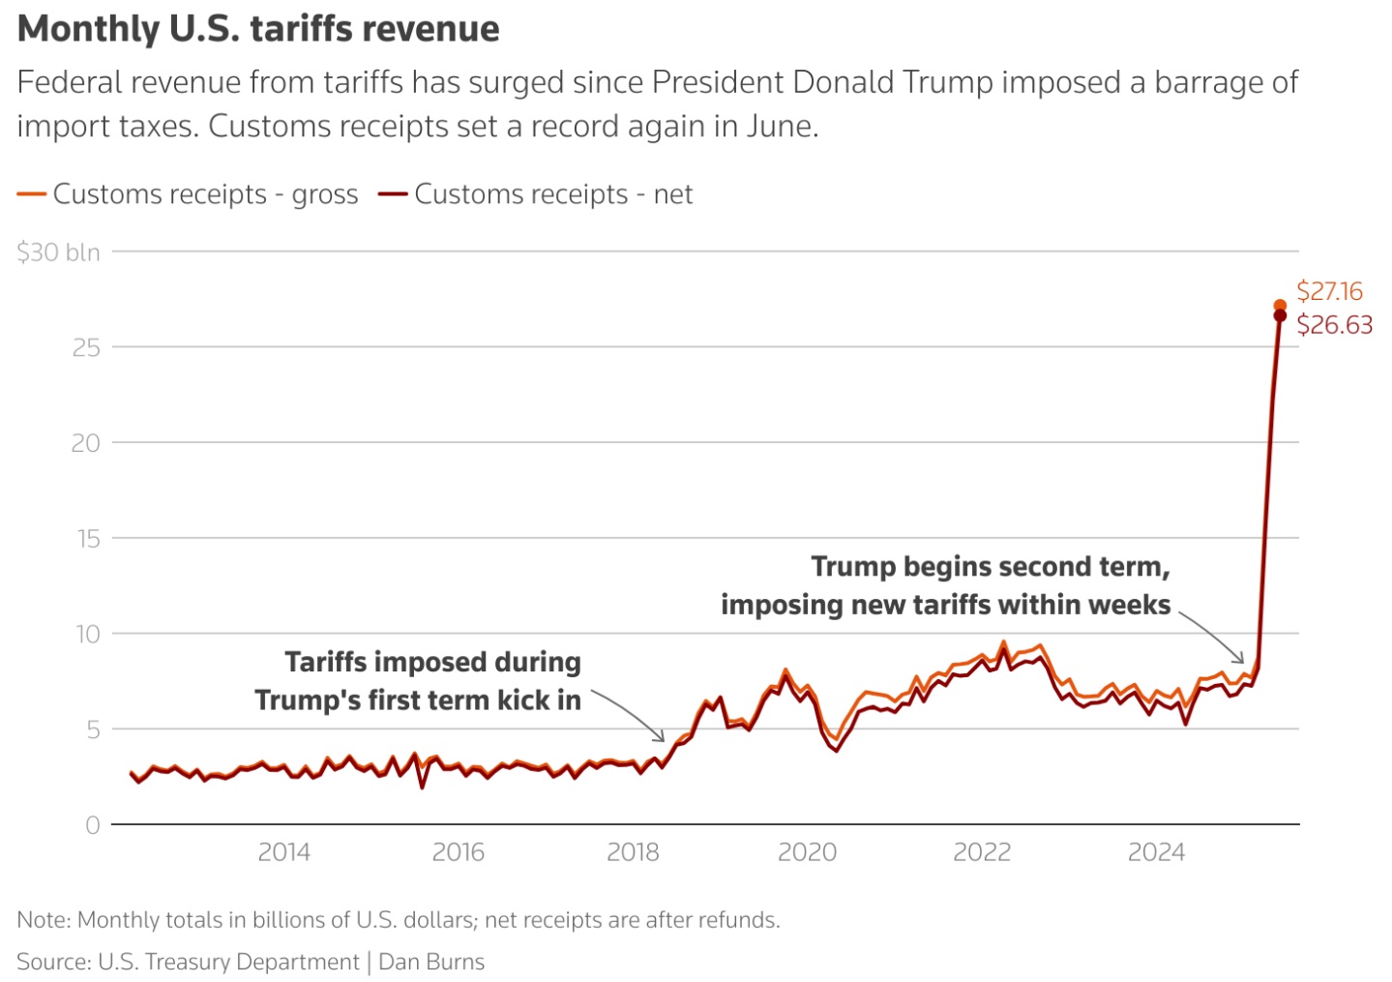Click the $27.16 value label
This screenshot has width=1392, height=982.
pyautogui.click(x=1329, y=291)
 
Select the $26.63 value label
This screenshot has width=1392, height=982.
pyautogui.click(x=1334, y=325)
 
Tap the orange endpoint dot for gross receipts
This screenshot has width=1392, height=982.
pyautogui.click(x=1280, y=305)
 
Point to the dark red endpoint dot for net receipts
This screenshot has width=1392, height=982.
pyautogui.click(x=1280, y=315)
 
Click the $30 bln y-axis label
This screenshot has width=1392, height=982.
pyautogui.click(x=58, y=253)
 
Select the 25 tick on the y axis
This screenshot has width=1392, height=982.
pyautogui.click(x=86, y=348)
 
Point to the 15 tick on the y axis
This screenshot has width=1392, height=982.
pyautogui.click(x=88, y=539)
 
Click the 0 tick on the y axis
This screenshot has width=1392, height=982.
pyautogui.click(x=93, y=825)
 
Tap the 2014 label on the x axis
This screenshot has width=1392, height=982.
pyautogui.click(x=284, y=852)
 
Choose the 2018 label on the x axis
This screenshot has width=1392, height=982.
pyautogui.click(x=633, y=852)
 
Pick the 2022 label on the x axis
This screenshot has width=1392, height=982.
pyautogui.click(x=982, y=852)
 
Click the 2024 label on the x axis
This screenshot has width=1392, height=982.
pyautogui.click(x=1157, y=852)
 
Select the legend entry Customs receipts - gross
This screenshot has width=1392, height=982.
pyautogui.click(x=188, y=194)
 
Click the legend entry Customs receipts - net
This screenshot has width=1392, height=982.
pyautogui.click(x=535, y=194)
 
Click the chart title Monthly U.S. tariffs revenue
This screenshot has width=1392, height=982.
pyautogui.click(x=258, y=29)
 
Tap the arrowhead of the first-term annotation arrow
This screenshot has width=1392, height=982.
pyautogui.click(x=662, y=739)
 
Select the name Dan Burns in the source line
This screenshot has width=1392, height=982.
pyautogui.click(x=431, y=962)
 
